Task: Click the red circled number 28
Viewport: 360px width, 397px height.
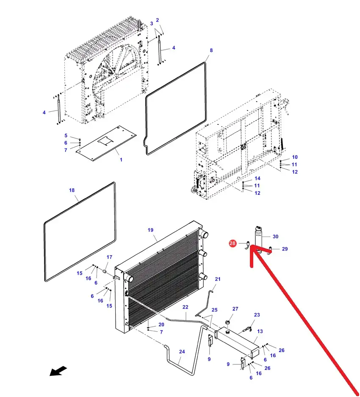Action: [x=233, y=243]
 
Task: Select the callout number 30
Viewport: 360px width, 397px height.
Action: [x=275, y=237]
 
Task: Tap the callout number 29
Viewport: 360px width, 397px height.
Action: [x=285, y=249]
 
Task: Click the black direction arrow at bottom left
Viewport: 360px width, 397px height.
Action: [x=58, y=371]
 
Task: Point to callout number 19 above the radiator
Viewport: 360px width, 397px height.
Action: [x=150, y=230]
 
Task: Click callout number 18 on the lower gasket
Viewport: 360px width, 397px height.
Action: [x=72, y=190]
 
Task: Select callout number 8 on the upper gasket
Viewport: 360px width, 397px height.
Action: [x=211, y=50]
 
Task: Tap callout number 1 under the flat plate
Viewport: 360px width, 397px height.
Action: [x=121, y=160]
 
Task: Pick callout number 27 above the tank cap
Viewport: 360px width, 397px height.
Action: [x=235, y=309]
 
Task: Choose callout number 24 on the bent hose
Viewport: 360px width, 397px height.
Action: [x=182, y=351]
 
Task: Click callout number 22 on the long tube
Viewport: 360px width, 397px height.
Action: [x=186, y=307]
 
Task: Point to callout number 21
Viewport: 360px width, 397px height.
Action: [x=218, y=279]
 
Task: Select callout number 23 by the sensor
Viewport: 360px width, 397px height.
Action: [x=257, y=315]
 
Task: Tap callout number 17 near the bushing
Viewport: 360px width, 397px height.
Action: [x=109, y=257]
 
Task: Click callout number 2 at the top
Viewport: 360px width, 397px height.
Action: [x=158, y=20]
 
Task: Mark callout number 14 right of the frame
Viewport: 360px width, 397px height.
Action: [x=258, y=178]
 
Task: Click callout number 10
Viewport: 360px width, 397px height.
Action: [x=295, y=157]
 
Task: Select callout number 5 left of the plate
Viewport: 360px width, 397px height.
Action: [x=66, y=135]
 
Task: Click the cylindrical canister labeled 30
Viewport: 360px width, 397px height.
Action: [x=258, y=236]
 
